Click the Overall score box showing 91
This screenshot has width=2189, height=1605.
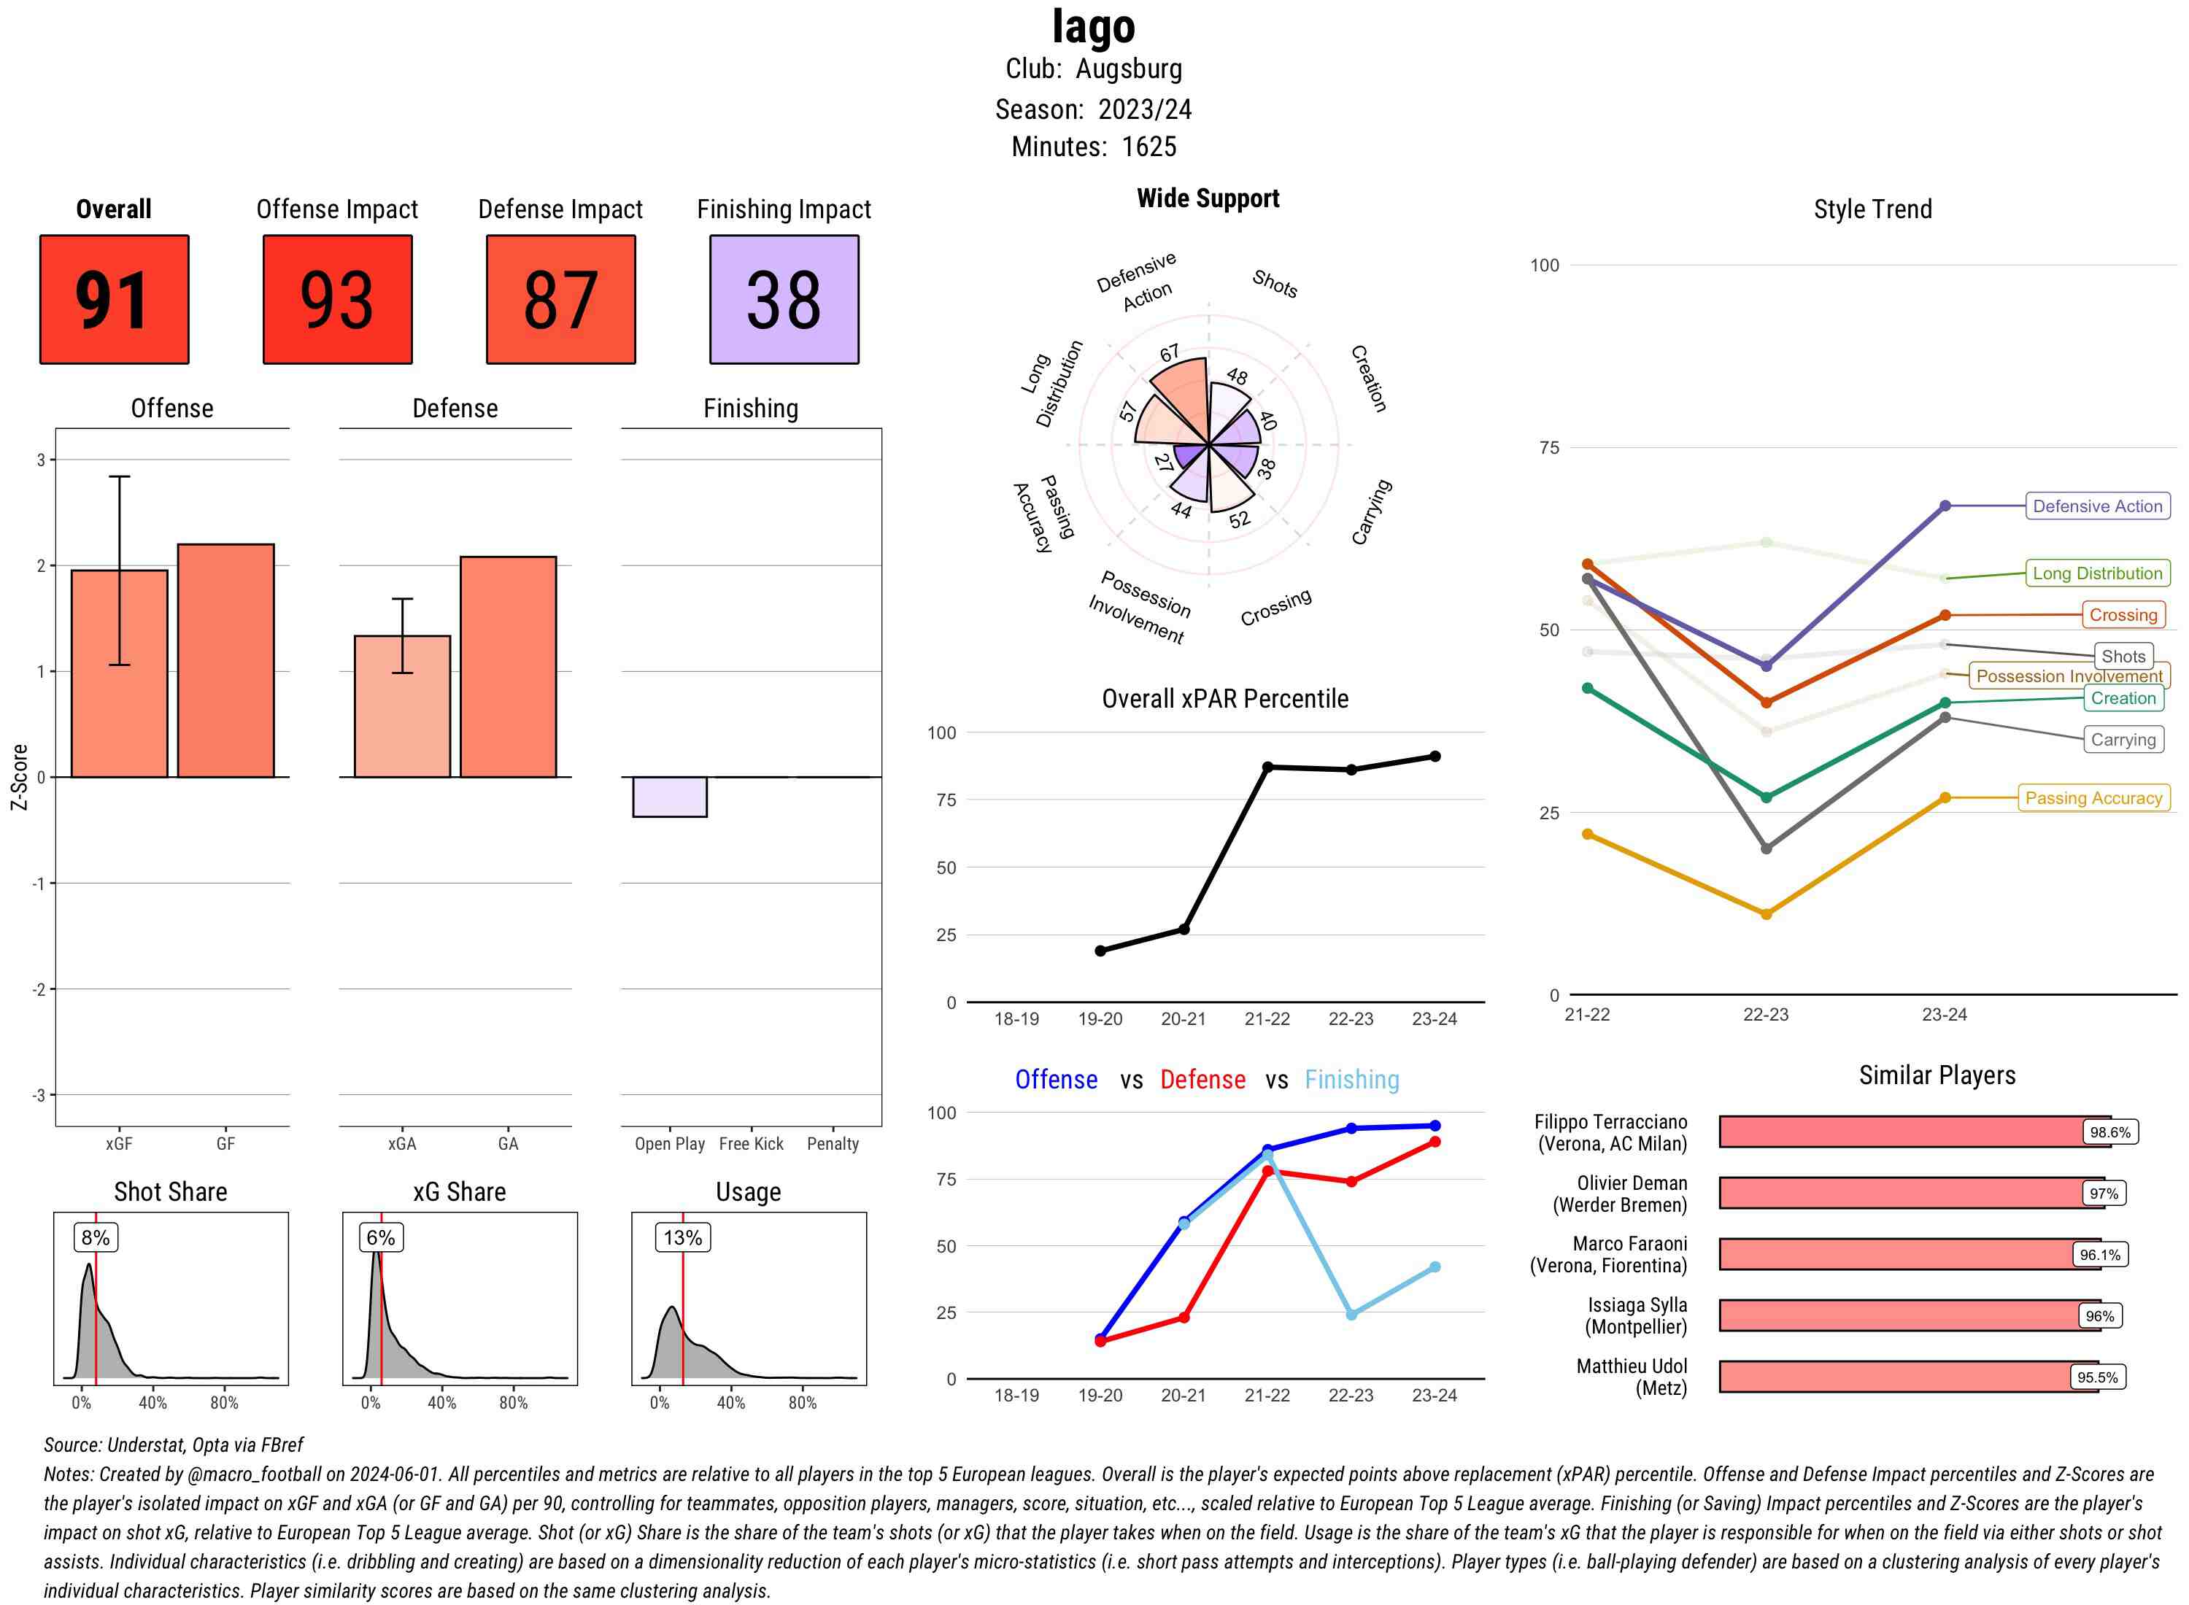click(114, 299)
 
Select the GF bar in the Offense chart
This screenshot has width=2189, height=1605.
click(225, 661)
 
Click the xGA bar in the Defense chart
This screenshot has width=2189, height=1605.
click(402, 706)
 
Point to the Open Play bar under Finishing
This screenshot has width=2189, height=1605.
click(669, 797)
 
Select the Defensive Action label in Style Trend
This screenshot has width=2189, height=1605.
click(2097, 506)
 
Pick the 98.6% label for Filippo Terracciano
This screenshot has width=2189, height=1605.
click(2109, 1132)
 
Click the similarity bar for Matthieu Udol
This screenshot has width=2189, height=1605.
click(1895, 1377)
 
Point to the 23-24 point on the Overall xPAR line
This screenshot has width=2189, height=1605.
click(1434, 756)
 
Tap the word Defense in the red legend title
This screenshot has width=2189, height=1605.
click(1202, 1080)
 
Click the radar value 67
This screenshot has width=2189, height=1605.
click(1169, 352)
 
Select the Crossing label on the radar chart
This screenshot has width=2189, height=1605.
click(1275, 606)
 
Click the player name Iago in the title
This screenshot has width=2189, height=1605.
click(1093, 27)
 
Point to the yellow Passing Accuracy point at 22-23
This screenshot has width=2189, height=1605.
click(1765, 914)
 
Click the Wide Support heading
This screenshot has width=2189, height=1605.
click(1208, 198)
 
